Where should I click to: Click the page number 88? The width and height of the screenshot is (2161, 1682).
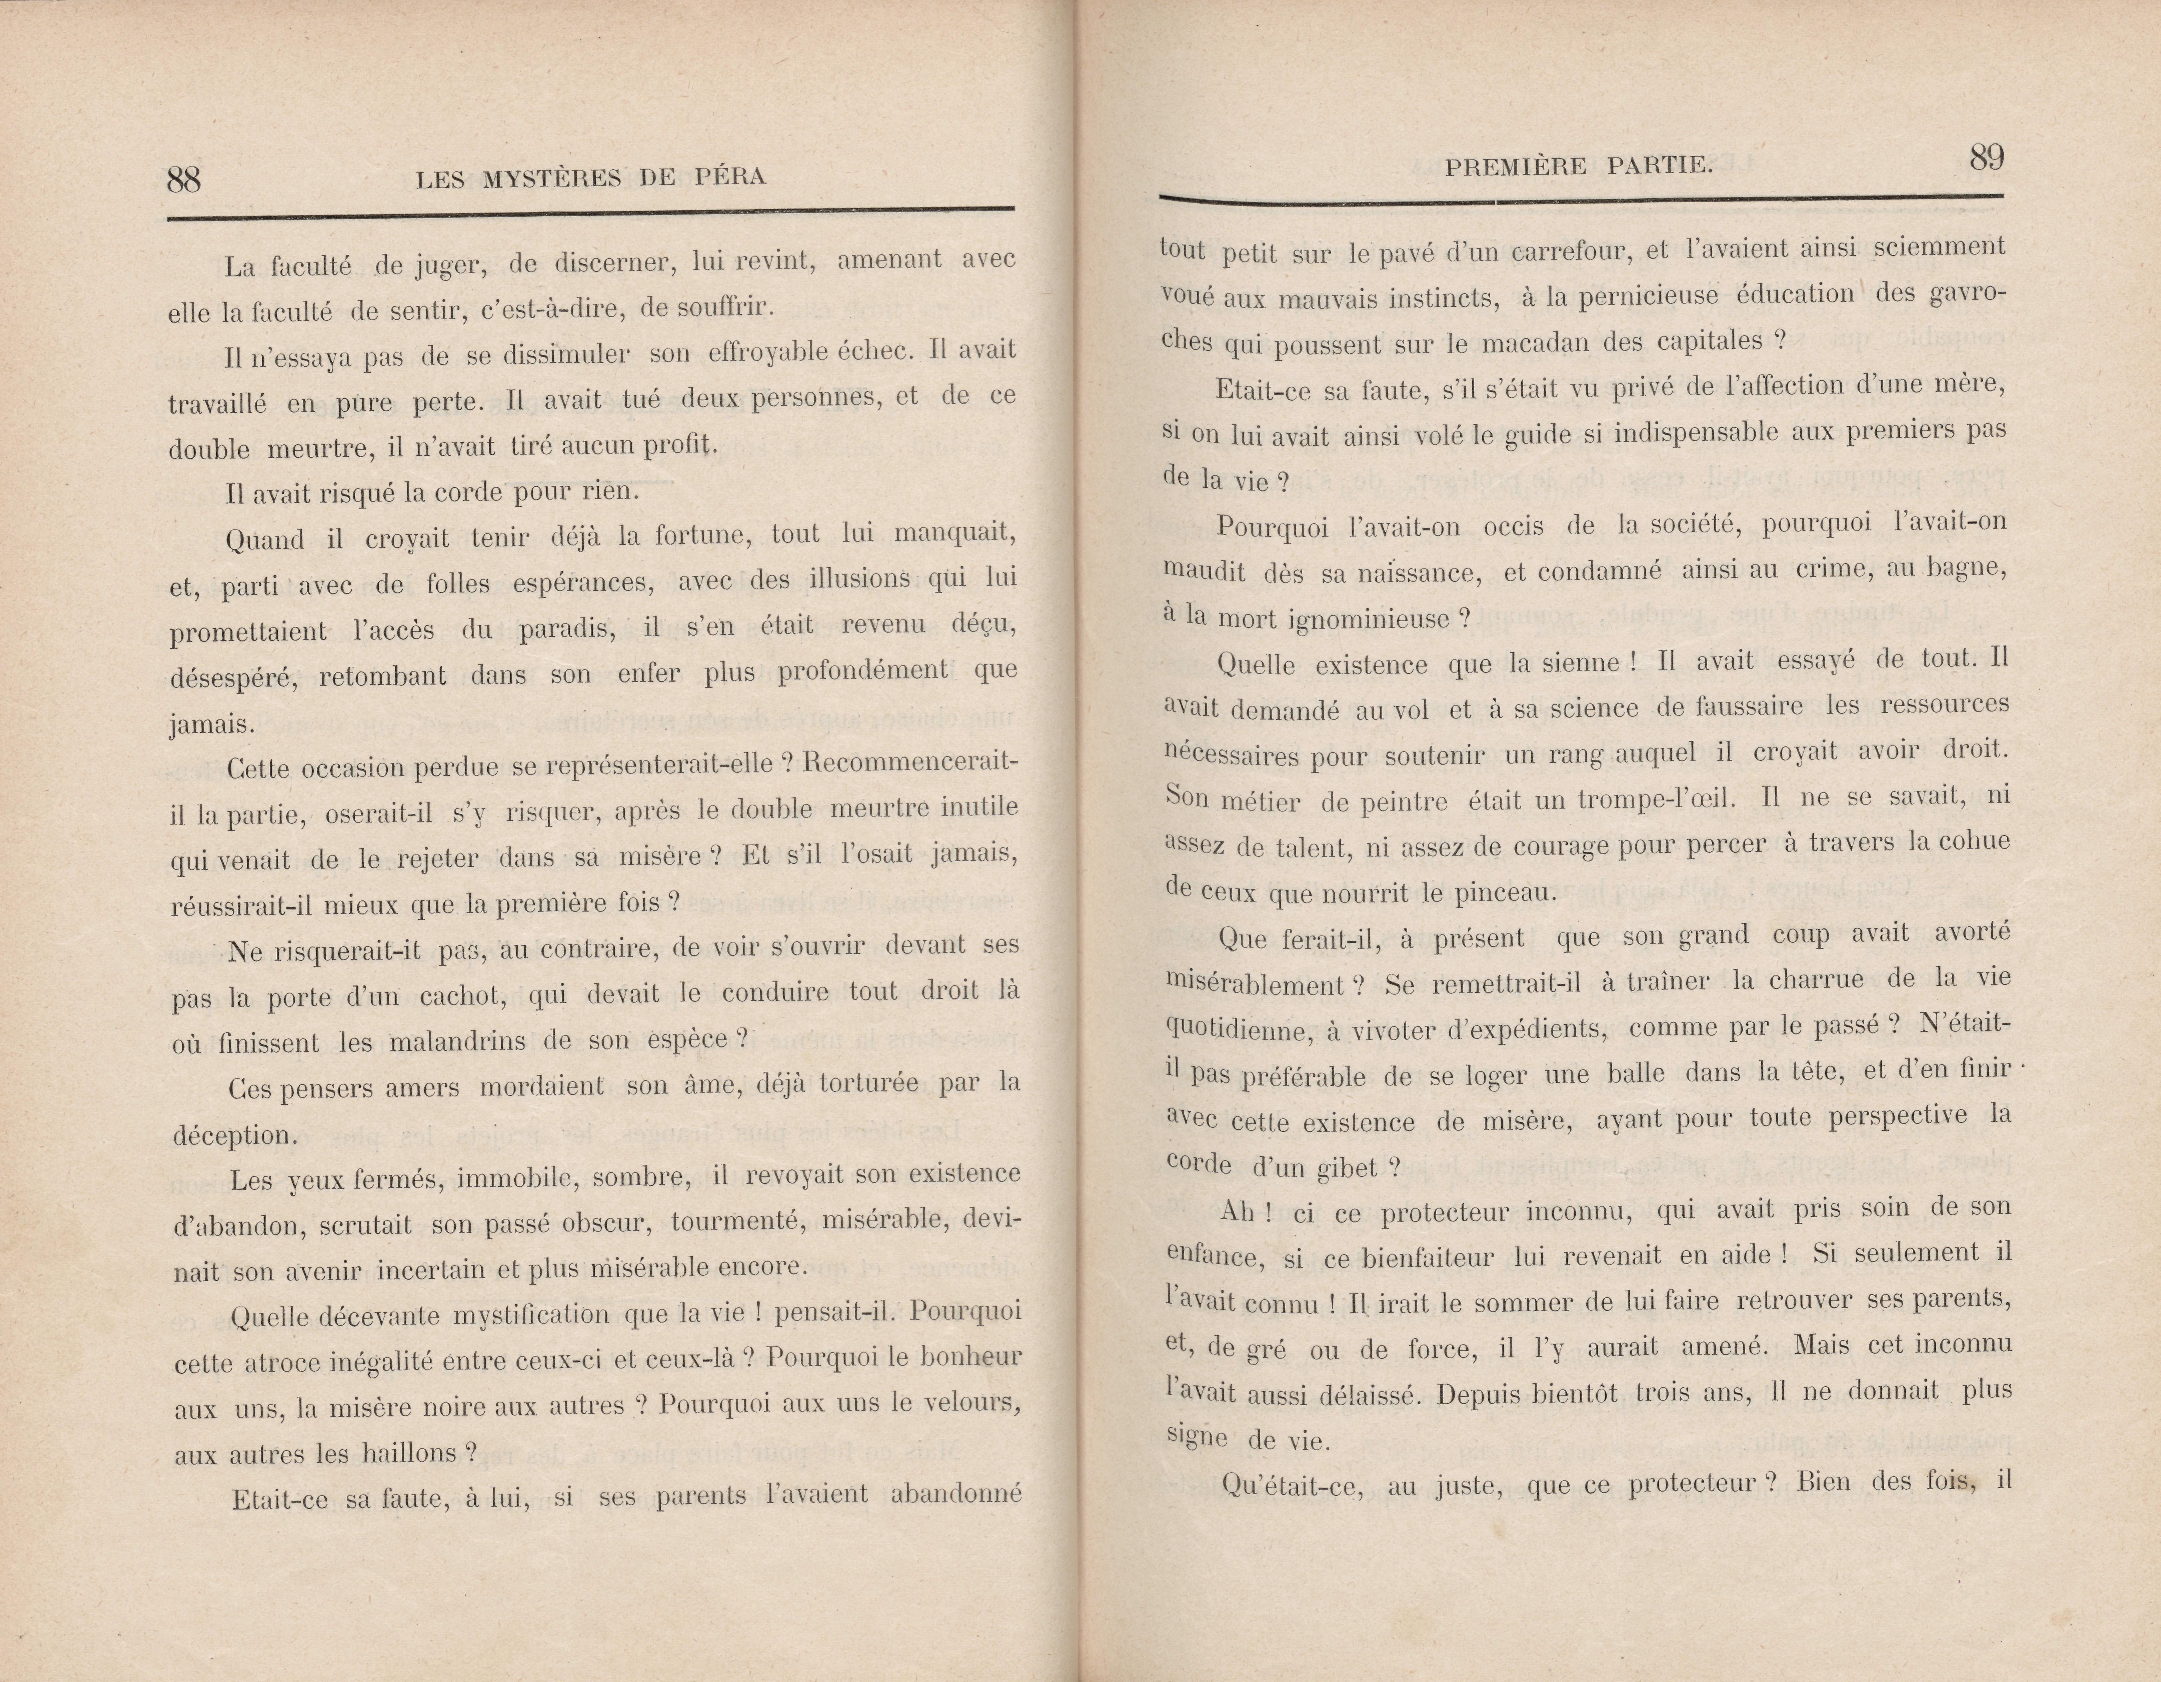(x=184, y=179)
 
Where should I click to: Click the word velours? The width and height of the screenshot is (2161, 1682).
(x=975, y=1403)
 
